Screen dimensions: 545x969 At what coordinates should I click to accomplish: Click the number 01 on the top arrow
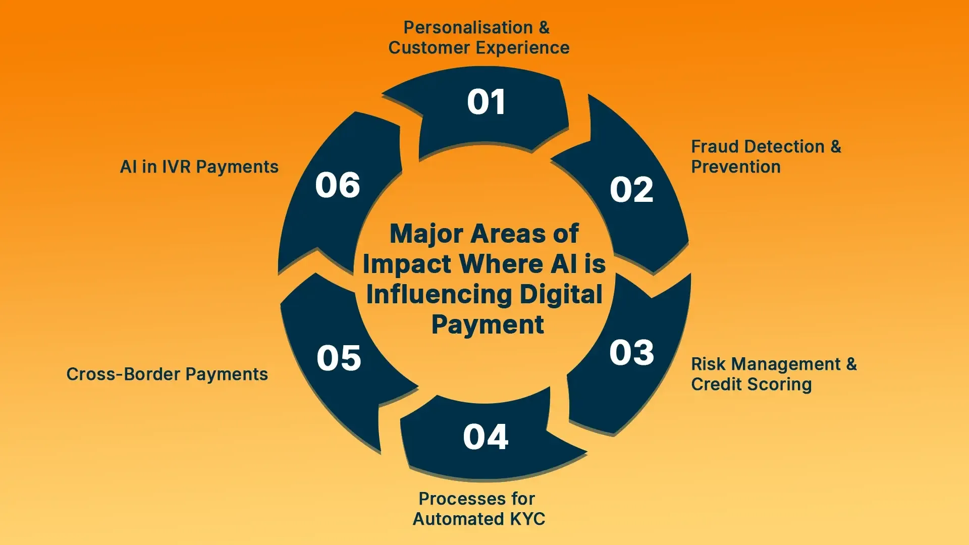coord(486,102)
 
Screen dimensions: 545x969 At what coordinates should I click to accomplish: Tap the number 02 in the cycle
coord(631,190)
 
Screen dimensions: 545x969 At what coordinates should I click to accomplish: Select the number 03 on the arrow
coord(631,352)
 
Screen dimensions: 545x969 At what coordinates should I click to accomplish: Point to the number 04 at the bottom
coord(486,437)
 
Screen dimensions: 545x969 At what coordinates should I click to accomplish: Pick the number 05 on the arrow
coord(339,358)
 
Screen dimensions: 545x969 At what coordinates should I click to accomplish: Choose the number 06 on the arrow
coord(338,185)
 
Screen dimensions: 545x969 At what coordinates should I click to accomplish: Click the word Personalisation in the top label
coord(468,27)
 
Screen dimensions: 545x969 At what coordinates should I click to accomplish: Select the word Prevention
coord(735,167)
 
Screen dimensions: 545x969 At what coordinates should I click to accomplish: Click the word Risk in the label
coord(708,364)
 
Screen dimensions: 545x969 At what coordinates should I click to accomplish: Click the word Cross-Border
coord(123,374)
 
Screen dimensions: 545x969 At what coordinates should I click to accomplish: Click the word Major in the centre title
coord(426,234)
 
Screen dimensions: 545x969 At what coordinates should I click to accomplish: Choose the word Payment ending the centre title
coord(488,324)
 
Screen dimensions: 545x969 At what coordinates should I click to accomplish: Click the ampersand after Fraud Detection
coord(836,147)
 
